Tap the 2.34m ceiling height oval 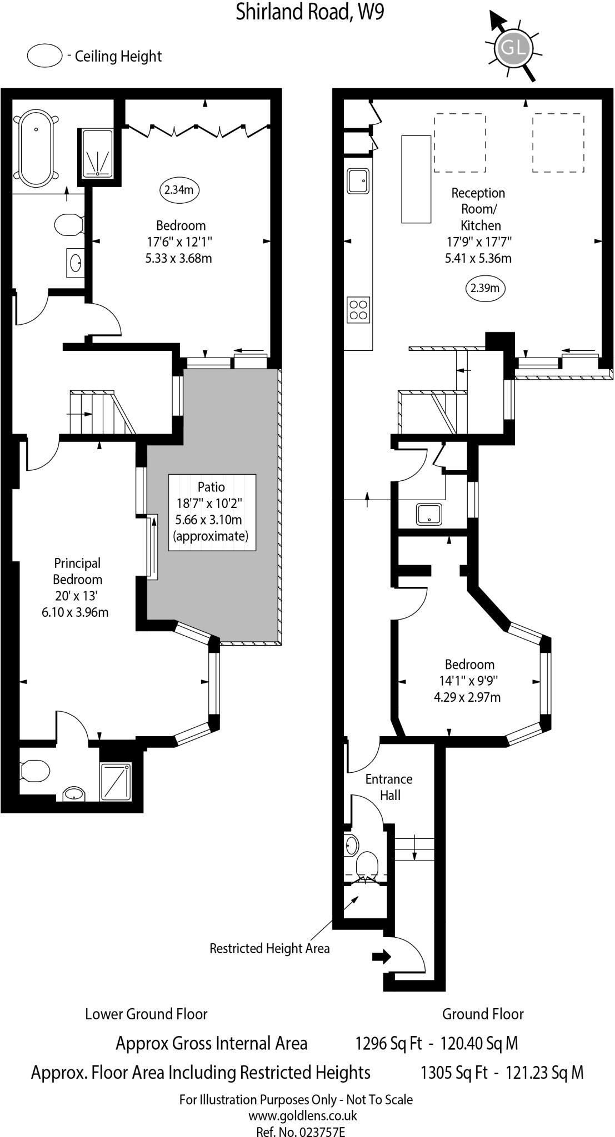179,190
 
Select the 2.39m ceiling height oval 485,288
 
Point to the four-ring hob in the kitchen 358,310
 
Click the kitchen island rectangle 416,179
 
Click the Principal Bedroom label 77,571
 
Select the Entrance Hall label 389,787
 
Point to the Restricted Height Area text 269,948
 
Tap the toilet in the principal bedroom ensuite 34,771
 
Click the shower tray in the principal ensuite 116,782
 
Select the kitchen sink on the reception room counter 358,181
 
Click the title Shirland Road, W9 309,12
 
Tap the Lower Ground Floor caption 146,1014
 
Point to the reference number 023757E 301,1131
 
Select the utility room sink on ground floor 429,514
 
